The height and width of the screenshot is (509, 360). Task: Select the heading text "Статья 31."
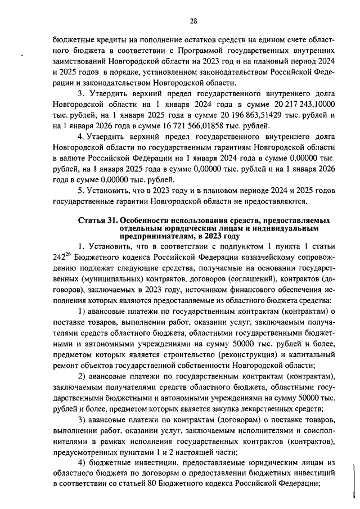[99, 219]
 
